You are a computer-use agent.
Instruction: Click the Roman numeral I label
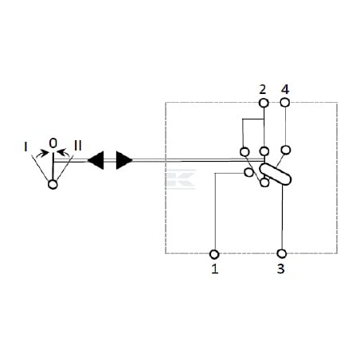point(25,147)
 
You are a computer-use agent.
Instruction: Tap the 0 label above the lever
point(53,143)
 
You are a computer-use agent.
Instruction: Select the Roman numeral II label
point(78,146)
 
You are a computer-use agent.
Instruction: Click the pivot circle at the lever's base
point(53,184)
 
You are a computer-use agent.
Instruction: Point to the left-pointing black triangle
point(96,160)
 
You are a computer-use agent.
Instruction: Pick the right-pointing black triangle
point(124,160)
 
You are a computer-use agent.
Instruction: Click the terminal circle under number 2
point(264,103)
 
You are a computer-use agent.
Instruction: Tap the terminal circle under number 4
point(285,103)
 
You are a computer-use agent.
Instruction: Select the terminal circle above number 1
point(214,254)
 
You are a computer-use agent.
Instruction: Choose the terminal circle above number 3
point(282,254)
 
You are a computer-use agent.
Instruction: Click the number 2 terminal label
point(262,90)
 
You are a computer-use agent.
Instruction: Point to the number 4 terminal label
point(285,90)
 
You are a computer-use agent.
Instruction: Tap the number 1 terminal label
point(215,268)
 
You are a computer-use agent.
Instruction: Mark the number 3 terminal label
point(281,268)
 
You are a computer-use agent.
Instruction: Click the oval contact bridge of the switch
point(276,174)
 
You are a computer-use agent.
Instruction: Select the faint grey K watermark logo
point(181,179)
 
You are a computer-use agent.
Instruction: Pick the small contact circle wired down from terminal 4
point(285,150)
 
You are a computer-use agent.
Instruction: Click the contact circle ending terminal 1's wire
point(248,173)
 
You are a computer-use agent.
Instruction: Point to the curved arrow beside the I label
point(42,154)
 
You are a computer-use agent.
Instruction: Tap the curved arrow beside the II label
point(64,153)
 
